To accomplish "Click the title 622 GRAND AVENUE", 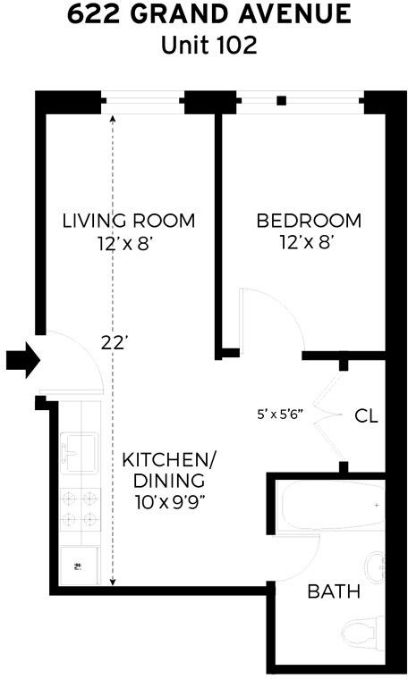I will (208, 16).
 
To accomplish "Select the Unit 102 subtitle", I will (208, 46).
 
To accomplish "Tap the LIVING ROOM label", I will (128, 221).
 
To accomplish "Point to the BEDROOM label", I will (309, 221).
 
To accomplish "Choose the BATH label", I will (334, 591).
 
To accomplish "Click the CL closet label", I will (365, 415).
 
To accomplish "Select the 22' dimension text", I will (114, 340).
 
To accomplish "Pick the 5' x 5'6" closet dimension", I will (280, 414).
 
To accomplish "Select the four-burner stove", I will (80, 508).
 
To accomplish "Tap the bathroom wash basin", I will (376, 565).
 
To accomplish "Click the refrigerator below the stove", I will (80, 563).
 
